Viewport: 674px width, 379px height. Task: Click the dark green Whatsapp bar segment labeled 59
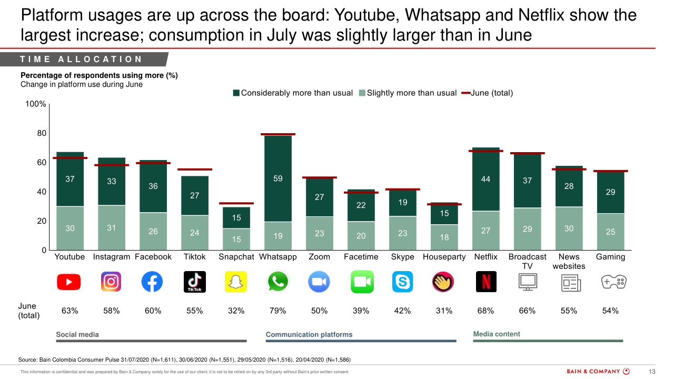[277, 179]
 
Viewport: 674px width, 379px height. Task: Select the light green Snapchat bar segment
[236, 240]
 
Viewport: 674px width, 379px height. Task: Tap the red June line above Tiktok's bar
[194, 169]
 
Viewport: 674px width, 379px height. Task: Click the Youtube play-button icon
[70, 282]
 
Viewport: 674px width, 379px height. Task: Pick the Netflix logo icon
[485, 282]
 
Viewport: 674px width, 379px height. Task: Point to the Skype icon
[402, 282]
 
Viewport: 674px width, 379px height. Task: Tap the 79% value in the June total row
[277, 311]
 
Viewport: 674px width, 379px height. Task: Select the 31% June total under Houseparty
[444, 311]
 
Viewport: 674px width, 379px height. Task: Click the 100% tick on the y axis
[36, 104]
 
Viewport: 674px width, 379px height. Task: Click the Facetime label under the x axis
[361, 257]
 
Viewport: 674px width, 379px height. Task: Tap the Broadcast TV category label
[527, 261]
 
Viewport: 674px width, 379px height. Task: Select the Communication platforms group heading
[309, 334]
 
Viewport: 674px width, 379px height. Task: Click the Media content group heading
[497, 334]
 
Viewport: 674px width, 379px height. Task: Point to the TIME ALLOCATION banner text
[81, 59]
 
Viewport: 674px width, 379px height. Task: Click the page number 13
[651, 372]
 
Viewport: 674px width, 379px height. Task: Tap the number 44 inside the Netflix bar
[485, 179]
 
